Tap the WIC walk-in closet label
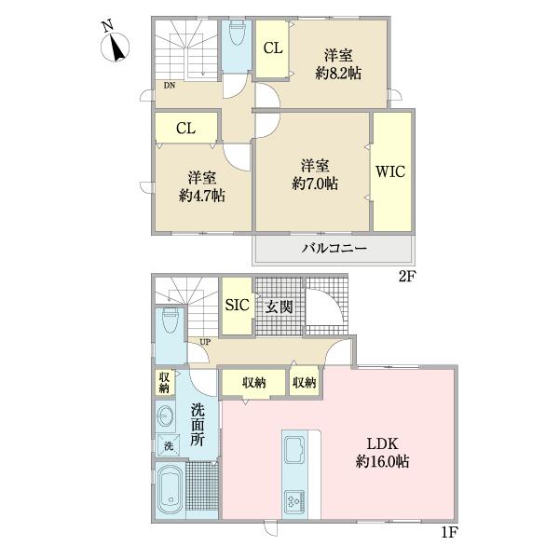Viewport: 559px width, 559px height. click(x=391, y=171)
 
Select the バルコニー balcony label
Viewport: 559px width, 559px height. click(x=333, y=249)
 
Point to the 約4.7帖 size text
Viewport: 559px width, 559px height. click(x=202, y=195)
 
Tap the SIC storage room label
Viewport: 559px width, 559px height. click(x=236, y=305)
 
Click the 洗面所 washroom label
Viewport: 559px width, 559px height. click(x=198, y=425)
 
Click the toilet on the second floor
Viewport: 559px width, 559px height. click(x=235, y=37)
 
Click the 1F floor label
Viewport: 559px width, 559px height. click(x=448, y=535)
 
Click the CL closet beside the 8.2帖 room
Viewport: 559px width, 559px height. click(x=272, y=48)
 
